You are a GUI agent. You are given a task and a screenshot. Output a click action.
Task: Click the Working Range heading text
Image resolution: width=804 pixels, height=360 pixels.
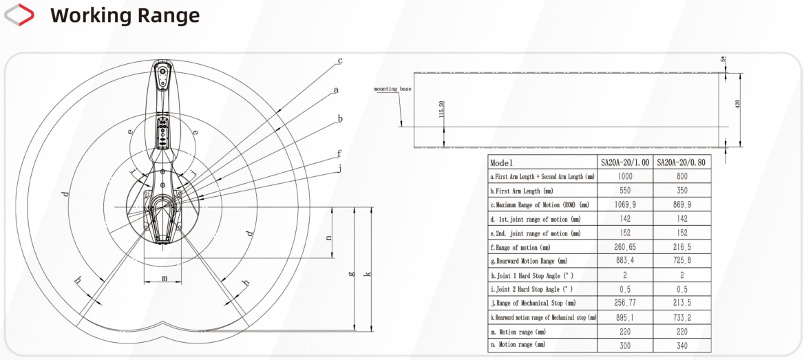pos(125,16)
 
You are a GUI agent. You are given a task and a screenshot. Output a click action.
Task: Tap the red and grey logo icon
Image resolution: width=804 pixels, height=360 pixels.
pos(19,14)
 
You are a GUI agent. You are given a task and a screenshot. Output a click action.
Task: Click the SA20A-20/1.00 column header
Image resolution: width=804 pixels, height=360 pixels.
pos(625,162)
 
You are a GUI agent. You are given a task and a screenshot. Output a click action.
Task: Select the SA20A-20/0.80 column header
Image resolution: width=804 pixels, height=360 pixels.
pos(681,162)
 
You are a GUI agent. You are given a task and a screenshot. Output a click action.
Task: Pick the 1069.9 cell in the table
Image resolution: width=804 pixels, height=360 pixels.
pos(625,204)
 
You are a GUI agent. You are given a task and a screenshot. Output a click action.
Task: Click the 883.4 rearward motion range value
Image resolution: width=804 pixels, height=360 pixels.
pos(625,260)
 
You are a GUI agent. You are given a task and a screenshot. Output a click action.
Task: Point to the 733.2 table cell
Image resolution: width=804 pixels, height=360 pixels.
pos(681,317)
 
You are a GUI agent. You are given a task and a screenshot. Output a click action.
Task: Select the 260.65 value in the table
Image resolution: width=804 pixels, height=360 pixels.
pos(625,246)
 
